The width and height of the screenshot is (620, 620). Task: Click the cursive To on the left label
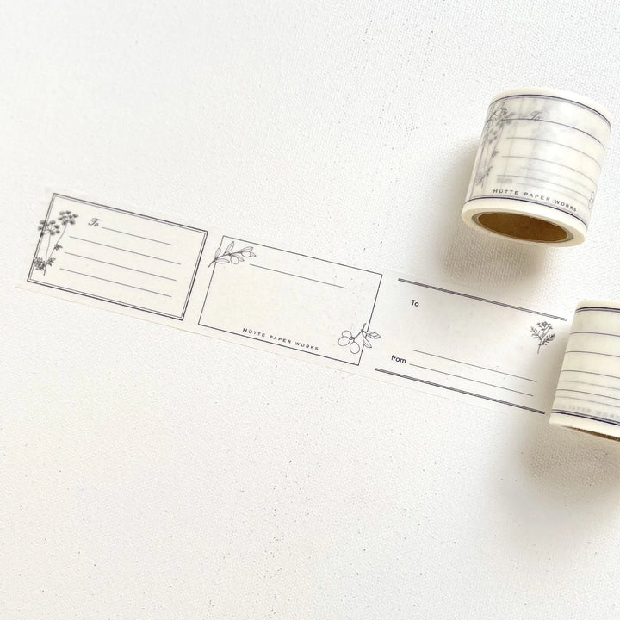[94, 222]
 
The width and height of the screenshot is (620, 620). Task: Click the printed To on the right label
[415, 302]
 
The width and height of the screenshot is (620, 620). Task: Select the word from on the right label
[398, 360]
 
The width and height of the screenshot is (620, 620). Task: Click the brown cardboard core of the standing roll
[522, 227]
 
